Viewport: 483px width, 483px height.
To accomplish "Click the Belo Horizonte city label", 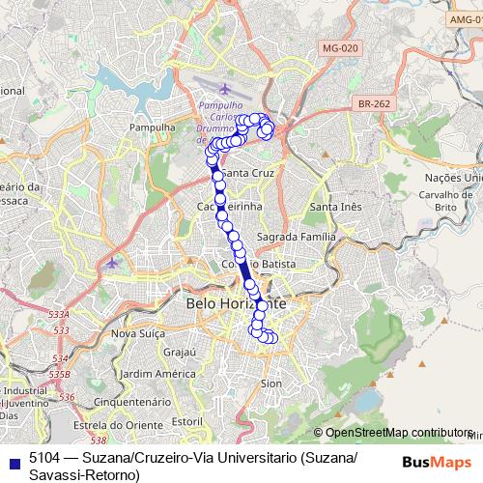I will point(234,303).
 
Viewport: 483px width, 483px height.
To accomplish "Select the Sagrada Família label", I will point(297,236).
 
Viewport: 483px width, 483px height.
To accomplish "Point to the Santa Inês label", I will point(335,207).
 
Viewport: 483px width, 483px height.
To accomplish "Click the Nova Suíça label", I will point(137,333).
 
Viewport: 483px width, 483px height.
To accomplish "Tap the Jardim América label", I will point(154,374).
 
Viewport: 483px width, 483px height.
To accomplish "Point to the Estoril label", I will point(185,421).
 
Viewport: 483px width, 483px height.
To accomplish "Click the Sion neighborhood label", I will point(271,384).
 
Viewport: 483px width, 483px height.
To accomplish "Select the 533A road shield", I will point(60,315).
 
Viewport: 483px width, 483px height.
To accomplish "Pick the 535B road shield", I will point(60,372).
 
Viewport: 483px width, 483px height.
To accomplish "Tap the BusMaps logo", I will point(438,461).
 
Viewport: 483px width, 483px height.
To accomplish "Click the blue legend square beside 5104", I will point(11,461).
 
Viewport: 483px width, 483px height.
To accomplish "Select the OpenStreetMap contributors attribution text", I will point(396,433).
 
